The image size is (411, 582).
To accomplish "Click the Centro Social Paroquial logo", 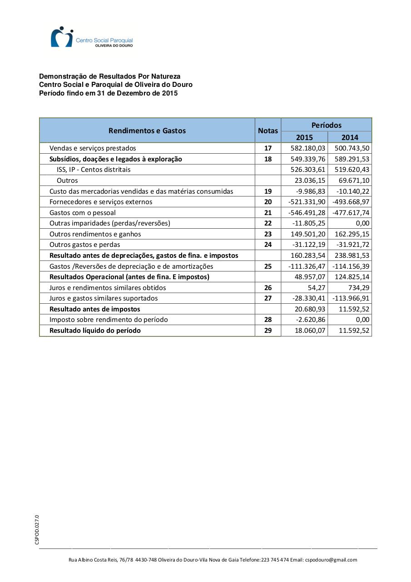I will (x=91, y=37).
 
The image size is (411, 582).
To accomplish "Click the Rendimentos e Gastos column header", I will (x=147, y=130).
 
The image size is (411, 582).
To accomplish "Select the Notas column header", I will (x=268, y=130).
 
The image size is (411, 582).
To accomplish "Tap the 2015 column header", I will (x=304, y=137).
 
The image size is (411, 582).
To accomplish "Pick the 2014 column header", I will (x=350, y=137).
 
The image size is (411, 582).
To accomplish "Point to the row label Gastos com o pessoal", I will (x=83, y=213).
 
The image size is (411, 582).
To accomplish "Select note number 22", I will (x=268, y=223).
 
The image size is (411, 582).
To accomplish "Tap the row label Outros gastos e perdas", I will (x=85, y=245).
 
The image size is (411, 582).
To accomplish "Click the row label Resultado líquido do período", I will (x=95, y=331).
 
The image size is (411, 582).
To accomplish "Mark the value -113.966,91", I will (x=351, y=298).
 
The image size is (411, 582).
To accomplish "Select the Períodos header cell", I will (x=327, y=125).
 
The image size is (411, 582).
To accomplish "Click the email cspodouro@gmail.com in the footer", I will (x=331, y=560).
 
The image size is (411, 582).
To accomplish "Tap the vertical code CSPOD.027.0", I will (x=37, y=529).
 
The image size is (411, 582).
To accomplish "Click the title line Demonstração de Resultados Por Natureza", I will (x=109, y=76).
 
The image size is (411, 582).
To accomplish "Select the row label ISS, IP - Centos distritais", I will (x=94, y=170).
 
